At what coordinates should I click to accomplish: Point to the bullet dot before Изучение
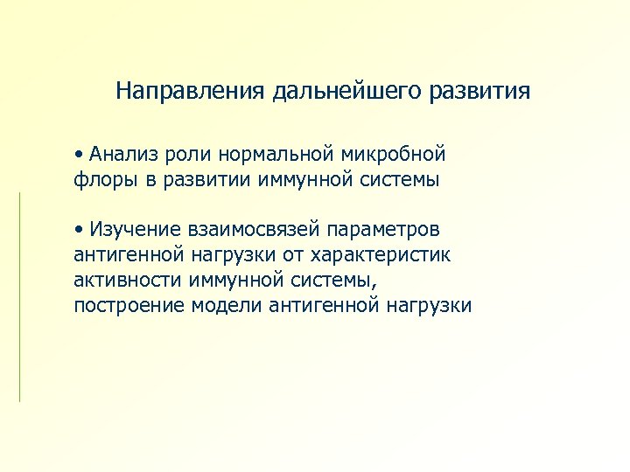tap(79, 229)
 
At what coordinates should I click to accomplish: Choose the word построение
tap(127, 306)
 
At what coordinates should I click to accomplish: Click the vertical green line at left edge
tap(19, 297)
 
